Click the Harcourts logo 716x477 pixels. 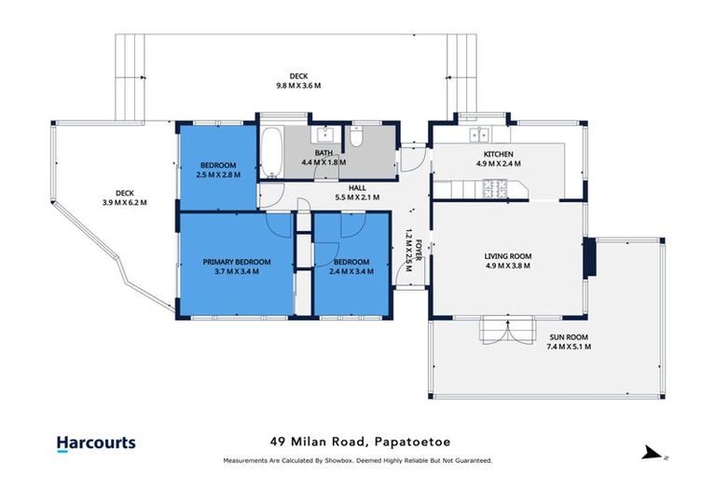(96, 443)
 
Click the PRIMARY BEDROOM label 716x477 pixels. (237, 263)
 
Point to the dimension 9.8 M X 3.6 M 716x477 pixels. (298, 86)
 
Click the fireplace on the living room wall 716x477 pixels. (589, 258)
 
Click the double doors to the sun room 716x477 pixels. (493, 329)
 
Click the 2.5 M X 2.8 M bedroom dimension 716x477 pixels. (218, 174)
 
